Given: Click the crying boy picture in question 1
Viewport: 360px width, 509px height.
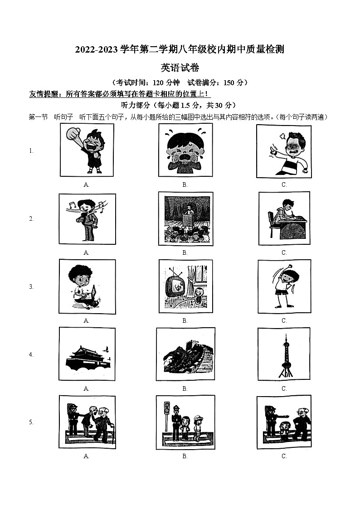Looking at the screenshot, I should [185, 150].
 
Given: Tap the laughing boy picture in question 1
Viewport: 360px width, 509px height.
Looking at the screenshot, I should [87, 150].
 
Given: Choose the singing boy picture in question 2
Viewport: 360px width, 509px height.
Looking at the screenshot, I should [87, 218].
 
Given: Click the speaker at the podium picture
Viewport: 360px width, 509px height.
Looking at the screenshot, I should [185, 218].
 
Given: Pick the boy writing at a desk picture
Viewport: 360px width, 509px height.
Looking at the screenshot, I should [284, 218].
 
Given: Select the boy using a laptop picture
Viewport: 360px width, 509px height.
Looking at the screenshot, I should [87, 286].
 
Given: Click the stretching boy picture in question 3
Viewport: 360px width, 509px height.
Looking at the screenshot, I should [284, 286].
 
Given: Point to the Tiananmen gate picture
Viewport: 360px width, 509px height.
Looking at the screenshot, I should [87, 354].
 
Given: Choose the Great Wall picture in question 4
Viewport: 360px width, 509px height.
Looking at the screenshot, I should [185, 354].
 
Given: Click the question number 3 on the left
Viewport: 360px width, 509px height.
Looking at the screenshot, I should [31, 286].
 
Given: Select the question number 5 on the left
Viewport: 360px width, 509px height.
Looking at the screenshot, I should [31, 422].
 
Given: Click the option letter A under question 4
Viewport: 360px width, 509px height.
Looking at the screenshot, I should [86, 388].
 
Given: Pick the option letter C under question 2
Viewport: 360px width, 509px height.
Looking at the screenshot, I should [284, 252].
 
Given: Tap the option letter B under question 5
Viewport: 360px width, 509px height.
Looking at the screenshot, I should [185, 456].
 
